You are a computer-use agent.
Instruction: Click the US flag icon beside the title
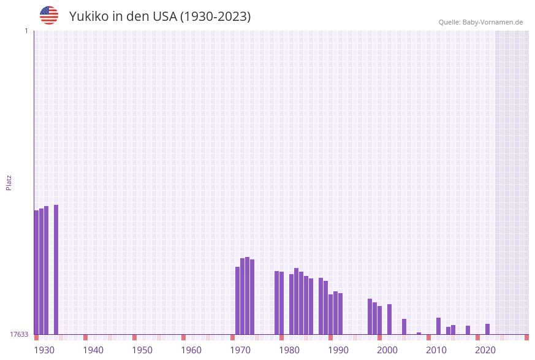pyautogui.click(x=49, y=15)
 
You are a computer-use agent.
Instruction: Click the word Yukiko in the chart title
pyautogui.click(x=88, y=17)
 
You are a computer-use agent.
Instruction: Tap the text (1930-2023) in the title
pyautogui.click(x=215, y=17)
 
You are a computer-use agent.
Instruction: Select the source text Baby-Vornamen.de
pyautogui.click(x=493, y=22)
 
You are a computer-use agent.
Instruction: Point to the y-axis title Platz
pyautogui.click(x=9, y=182)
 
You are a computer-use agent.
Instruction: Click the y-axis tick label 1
pyautogui.click(x=26, y=31)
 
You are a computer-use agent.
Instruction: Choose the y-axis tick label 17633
pyautogui.click(x=19, y=334)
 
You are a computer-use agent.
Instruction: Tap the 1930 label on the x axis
pyautogui.click(x=44, y=350)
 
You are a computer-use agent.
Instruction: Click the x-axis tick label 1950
pyautogui.click(x=142, y=350)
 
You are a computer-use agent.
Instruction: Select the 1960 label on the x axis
pyautogui.click(x=191, y=350)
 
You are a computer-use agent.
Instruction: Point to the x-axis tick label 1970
pyautogui.click(x=240, y=350)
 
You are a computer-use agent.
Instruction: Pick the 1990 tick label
pyautogui.click(x=338, y=350)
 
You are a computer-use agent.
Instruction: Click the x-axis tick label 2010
pyautogui.click(x=436, y=350)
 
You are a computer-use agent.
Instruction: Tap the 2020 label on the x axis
pyautogui.click(x=485, y=350)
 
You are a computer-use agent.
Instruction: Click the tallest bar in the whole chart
pyautogui.click(x=56, y=270)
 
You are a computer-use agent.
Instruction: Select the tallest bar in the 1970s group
pyautogui.click(x=247, y=296)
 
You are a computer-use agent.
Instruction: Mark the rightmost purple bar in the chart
pyautogui.click(x=487, y=329)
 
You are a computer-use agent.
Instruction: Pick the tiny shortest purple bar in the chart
pyautogui.click(x=419, y=333)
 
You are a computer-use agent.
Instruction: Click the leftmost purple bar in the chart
pyautogui.click(x=36, y=272)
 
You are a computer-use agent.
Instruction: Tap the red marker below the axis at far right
pyautogui.click(x=526, y=337)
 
